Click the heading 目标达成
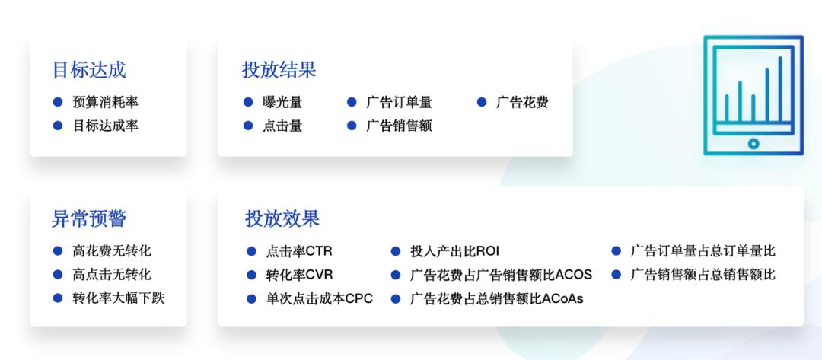(x=88, y=70)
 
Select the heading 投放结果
(x=279, y=70)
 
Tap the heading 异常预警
(x=88, y=218)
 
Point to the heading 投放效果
(x=282, y=218)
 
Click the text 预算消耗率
(x=105, y=102)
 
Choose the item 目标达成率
(x=105, y=126)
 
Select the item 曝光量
(x=282, y=102)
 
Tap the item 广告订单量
(x=399, y=102)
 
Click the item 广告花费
(x=522, y=102)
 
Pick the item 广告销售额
(x=399, y=126)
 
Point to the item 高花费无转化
(x=112, y=251)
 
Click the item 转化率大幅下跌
(x=118, y=298)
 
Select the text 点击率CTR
(x=299, y=251)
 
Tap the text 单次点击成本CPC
(x=319, y=298)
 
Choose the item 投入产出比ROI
(x=454, y=251)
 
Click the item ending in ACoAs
(x=496, y=298)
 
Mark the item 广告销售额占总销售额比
(x=703, y=274)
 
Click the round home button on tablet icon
(x=753, y=143)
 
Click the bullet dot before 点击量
(x=248, y=126)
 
